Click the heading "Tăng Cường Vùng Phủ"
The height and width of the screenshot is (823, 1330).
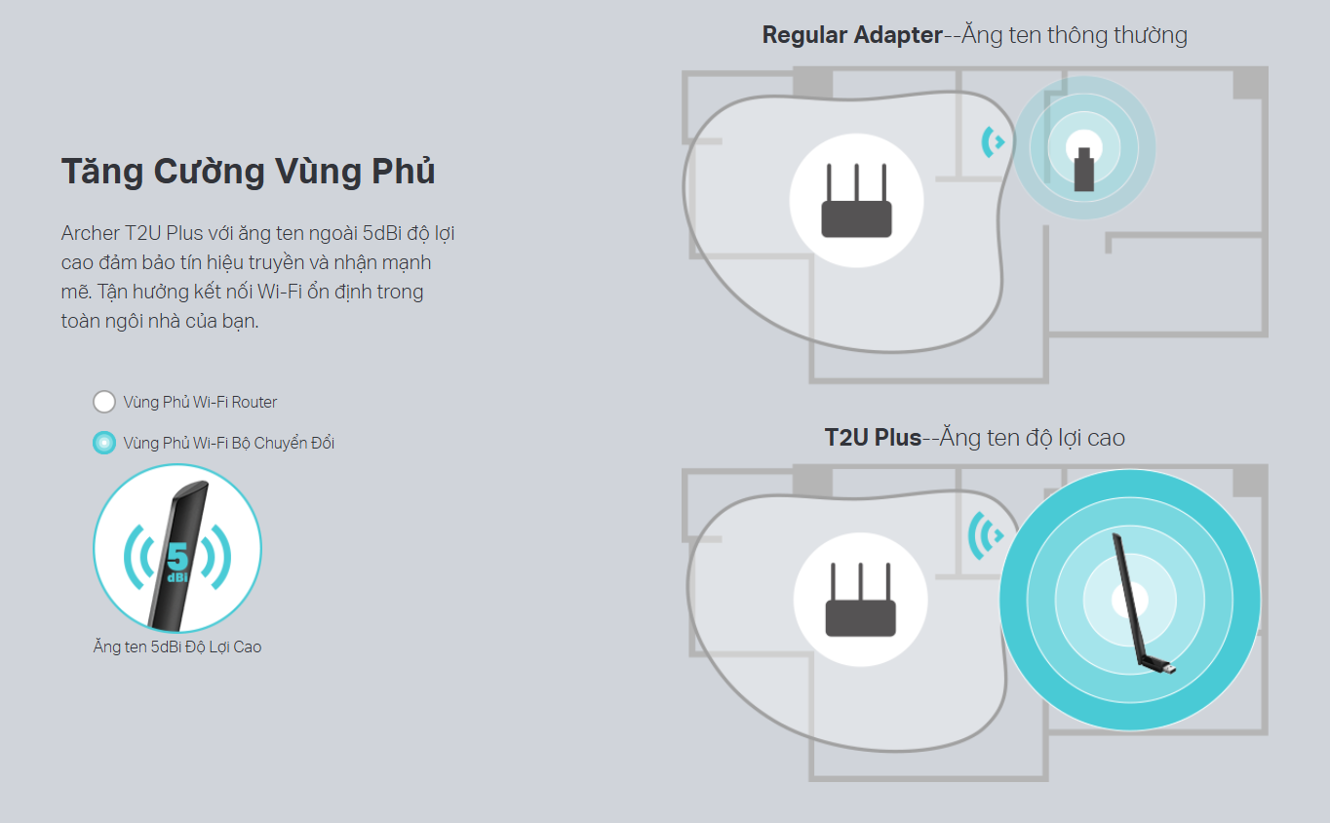coord(249,171)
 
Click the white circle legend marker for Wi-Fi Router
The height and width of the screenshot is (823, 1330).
coord(104,402)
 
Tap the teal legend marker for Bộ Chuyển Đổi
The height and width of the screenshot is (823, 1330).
coord(104,443)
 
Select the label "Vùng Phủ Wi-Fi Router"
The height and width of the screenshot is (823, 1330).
coord(200,402)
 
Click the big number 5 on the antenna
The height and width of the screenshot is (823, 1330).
coord(176,557)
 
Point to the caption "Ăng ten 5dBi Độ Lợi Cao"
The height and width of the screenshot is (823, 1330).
coord(176,647)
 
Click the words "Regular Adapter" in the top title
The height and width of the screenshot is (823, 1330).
coord(852,35)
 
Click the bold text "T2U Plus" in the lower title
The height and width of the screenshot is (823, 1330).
coord(873,438)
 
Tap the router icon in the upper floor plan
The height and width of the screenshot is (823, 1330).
coord(856,200)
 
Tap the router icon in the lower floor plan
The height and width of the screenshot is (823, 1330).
coord(860,599)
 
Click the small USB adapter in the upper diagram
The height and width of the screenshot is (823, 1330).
coord(1084,170)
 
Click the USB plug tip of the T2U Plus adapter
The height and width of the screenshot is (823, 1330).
coord(1169,669)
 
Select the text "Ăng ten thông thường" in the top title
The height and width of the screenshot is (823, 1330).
coord(1075,35)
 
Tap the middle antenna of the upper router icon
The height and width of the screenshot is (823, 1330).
coord(856,182)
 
